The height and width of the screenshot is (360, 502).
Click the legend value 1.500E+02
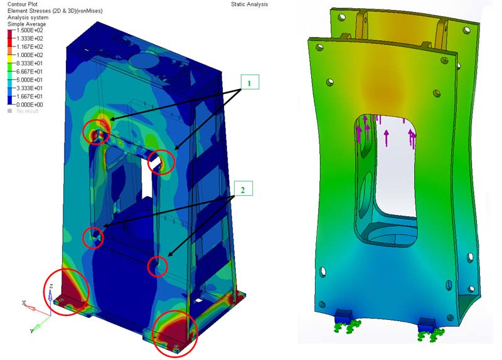click(29, 30)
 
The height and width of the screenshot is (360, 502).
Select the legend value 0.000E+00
click(29, 105)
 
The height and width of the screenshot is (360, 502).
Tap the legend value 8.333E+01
click(29, 63)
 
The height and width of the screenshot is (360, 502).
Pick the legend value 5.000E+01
click(29, 80)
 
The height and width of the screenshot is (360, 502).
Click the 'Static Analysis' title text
click(249, 4)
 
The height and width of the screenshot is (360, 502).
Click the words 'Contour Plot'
click(23, 4)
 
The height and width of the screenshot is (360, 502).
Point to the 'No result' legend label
click(27, 111)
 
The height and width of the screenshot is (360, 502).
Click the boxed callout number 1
click(249, 83)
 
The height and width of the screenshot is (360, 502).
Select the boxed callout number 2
click(243, 190)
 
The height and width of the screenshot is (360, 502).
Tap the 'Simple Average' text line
click(26, 24)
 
